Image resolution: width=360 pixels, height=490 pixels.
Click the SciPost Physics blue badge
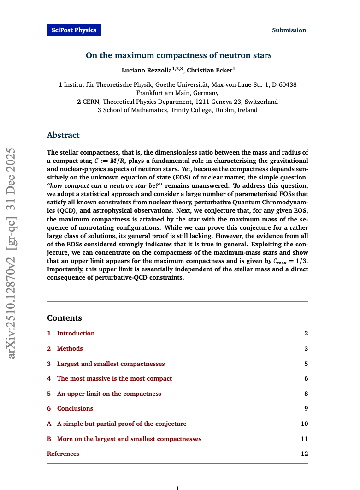click(x=74, y=30)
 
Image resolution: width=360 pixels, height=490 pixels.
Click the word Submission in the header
click(x=289, y=30)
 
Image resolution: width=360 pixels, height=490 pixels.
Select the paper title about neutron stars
click(x=179, y=56)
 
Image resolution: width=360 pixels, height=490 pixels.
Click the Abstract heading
click(x=63, y=136)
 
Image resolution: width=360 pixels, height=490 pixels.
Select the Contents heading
click(x=65, y=318)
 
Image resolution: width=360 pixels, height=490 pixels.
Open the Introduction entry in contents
click(x=76, y=334)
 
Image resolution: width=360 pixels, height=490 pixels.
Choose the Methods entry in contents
click(x=70, y=349)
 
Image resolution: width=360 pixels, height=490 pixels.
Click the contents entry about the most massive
click(x=114, y=379)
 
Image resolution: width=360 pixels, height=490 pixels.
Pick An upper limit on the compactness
click(x=109, y=394)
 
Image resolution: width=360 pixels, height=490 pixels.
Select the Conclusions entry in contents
click(x=75, y=409)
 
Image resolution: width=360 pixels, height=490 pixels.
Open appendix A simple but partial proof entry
click(x=122, y=424)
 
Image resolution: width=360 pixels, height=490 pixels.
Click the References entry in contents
click(x=63, y=454)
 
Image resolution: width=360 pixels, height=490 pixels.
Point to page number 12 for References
click(x=304, y=454)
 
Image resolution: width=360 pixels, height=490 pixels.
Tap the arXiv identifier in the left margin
click(x=12, y=253)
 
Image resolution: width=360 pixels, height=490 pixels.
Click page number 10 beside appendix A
click(x=304, y=424)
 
